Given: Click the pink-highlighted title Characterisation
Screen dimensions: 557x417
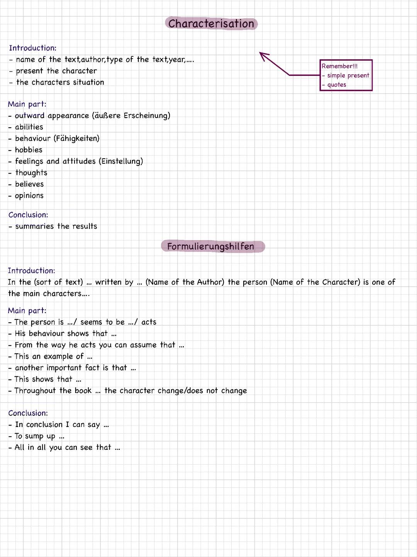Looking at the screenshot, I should pos(211,24).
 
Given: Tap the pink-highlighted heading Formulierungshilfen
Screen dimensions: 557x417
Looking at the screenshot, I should pos(211,246).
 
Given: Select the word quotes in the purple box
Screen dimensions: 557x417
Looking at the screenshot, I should pos(337,85).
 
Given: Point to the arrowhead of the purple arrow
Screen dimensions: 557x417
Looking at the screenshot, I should pos(261,54).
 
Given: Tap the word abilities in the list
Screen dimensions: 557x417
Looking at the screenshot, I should pos(29,127).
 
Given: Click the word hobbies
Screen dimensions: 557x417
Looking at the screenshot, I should pos(29,150).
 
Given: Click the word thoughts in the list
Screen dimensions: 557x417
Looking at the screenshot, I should pos(31,173).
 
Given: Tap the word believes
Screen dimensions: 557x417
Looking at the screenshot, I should pos(29,184).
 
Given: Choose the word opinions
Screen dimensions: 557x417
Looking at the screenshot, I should pos(29,196).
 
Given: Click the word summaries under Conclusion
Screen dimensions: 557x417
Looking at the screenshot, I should pos(34,226).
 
